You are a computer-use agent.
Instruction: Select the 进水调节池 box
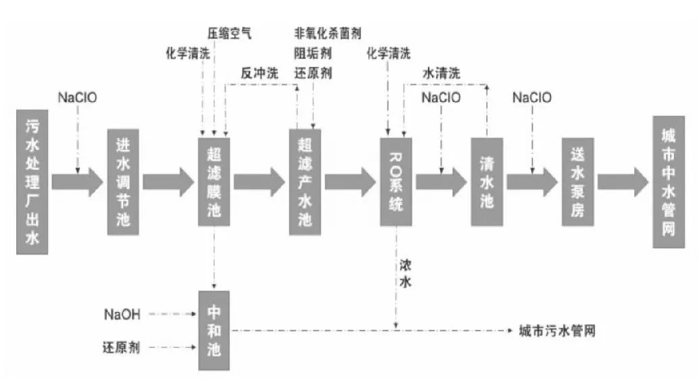[122, 182]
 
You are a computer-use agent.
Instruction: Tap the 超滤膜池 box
[214, 182]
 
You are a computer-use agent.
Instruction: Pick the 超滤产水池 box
[305, 182]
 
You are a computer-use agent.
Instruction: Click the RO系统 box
[397, 182]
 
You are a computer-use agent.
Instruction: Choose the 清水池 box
[487, 182]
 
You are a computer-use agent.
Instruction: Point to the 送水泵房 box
[577, 182]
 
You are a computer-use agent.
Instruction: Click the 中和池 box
[214, 330]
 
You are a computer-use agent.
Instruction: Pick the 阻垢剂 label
[312, 53]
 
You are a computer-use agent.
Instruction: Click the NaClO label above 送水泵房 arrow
[531, 98]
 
